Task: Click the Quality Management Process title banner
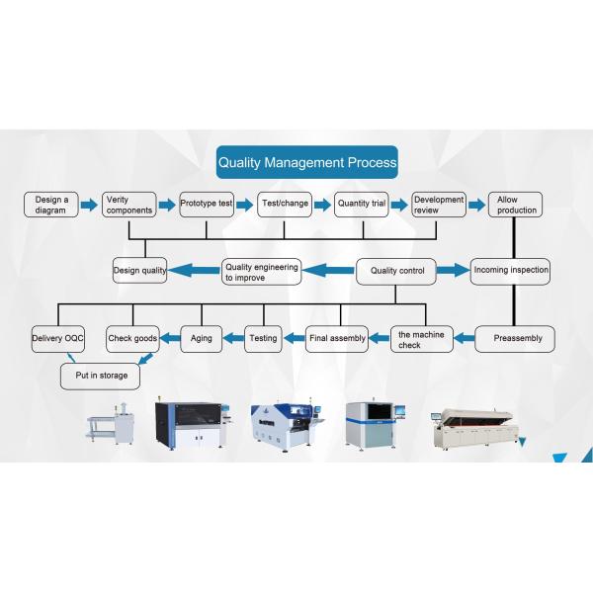tap(307, 161)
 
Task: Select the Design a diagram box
tap(50, 205)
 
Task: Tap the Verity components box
tap(129, 205)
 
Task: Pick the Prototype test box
tap(207, 205)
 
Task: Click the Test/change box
tap(284, 205)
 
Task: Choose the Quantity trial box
tap(361, 205)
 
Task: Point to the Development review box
tap(439, 205)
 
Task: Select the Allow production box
tap(516, 205)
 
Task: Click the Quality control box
tap(396, 270)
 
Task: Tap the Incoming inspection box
tap(510, 270)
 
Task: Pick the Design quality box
tap(139, 270)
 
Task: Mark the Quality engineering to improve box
tap(261, 272)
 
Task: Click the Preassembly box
tap(516, 338)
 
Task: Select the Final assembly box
tap(336, 338)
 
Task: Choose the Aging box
tap(201, 338)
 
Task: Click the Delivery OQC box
tap(58, 338)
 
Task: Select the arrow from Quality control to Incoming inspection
tap(452, 269)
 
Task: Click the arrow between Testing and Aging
tap(231, 338)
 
